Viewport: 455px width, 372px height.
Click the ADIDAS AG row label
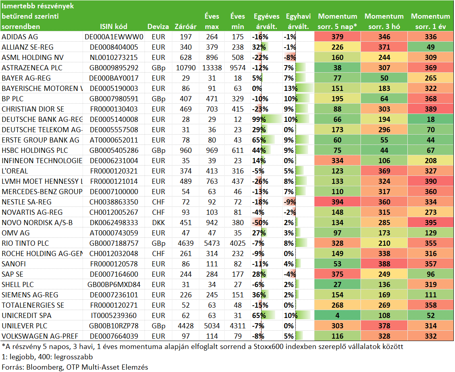[x=20, y=37]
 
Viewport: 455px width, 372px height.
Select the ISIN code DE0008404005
[x=114, y=47]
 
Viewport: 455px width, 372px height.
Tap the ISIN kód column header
[x=114, y=27]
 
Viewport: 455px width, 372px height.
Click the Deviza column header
[x=158, y=27]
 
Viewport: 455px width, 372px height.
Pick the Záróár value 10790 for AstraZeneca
[x=186, y=68]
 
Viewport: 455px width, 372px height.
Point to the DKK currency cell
[x=158, y=223]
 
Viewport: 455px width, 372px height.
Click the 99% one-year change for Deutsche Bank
[x=259, y=120]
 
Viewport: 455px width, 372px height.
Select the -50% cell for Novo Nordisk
[x=260, y=223]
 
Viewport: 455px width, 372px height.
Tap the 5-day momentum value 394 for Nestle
[x=337, y=202]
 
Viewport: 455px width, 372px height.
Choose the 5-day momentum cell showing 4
[x=337, y=315]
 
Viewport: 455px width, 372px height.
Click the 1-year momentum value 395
[x=431, y=223]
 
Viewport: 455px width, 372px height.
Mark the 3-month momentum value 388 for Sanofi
[x=384, y=264]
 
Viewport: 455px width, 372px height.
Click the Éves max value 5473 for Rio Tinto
[x=212, y=243]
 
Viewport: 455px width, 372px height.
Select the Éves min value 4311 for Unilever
[x=238, y=326]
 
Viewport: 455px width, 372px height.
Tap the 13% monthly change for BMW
[x=291, y=89]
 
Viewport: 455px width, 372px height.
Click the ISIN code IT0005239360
[x=114, y=316]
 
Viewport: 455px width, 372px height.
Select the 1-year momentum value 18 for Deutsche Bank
[x=431, y=120]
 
